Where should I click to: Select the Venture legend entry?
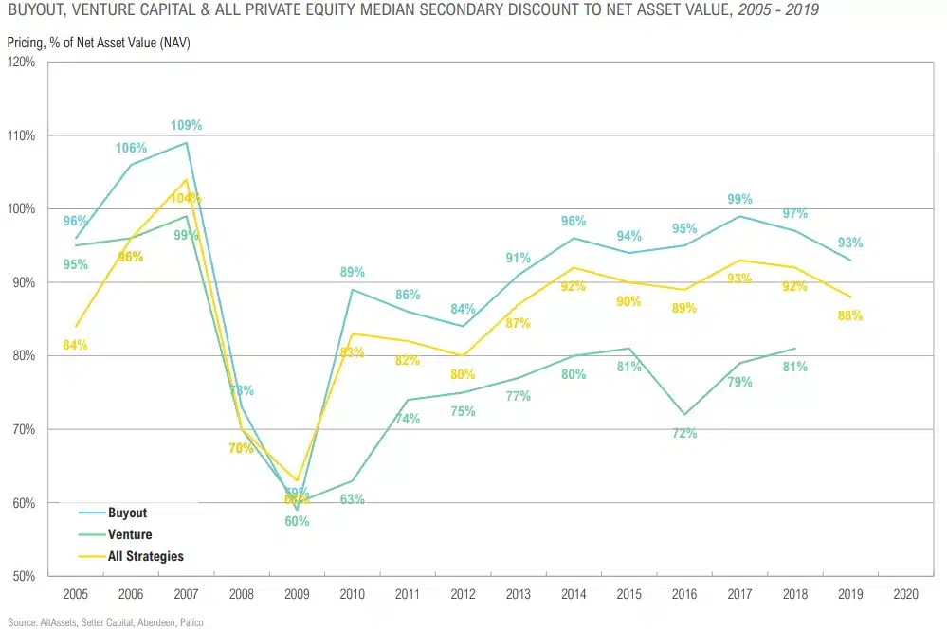point(130,534)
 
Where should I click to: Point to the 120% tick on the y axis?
point(21,63)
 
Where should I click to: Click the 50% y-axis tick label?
point(24,576)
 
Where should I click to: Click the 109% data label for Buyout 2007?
point(186,125)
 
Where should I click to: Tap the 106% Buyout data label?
point(131,148)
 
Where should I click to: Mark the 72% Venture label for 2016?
point(684,433)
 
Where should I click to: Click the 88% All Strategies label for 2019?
point(849,315)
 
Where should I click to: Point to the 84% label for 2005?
point(75,345)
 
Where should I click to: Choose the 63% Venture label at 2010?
point(352,499)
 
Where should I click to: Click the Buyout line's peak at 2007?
point(186,143)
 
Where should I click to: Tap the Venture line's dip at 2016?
point(684,414)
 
